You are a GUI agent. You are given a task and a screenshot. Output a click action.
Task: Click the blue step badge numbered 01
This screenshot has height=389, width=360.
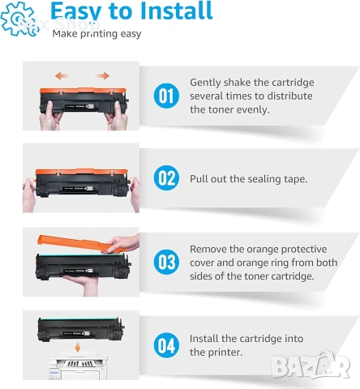point(166,96)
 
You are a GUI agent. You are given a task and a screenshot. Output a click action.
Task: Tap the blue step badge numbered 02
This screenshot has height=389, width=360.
point(166,178)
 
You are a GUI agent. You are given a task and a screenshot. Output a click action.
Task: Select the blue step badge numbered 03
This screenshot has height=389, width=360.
point(166,262)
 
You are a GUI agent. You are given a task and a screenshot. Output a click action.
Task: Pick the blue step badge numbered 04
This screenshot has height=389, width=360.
point(166,345)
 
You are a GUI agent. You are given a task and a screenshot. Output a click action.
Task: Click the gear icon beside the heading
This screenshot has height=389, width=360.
point(19,19)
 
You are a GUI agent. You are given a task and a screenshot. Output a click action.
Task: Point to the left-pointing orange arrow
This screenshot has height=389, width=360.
point(62,76)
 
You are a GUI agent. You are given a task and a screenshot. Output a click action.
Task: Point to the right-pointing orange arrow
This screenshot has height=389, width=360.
point(103,76)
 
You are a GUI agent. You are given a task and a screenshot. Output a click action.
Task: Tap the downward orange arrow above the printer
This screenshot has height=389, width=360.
point(78,348)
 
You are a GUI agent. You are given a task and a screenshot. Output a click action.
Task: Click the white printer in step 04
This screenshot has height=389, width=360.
point(78,367)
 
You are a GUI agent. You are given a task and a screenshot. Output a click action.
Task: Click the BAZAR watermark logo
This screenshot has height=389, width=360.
point(311,365)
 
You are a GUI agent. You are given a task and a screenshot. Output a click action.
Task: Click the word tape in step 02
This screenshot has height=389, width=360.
point(296,179)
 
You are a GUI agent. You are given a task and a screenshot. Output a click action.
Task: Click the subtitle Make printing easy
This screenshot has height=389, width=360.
point(96,34)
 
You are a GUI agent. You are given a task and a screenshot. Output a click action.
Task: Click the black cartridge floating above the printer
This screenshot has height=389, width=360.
point(81,329)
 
